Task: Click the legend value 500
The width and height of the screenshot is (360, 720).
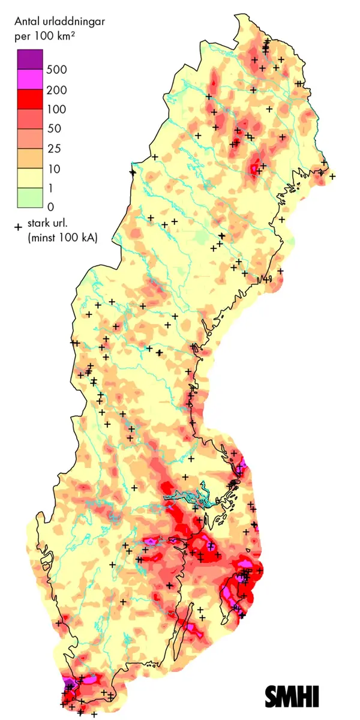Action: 59,70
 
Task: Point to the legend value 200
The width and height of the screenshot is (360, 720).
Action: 59,90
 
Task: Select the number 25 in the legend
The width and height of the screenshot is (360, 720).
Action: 57,149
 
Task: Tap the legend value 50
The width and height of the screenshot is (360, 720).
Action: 57,129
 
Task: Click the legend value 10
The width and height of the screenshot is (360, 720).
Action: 57,169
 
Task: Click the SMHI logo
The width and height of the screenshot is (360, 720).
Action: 292,696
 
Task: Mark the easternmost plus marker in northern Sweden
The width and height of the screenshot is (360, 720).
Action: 332,176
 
